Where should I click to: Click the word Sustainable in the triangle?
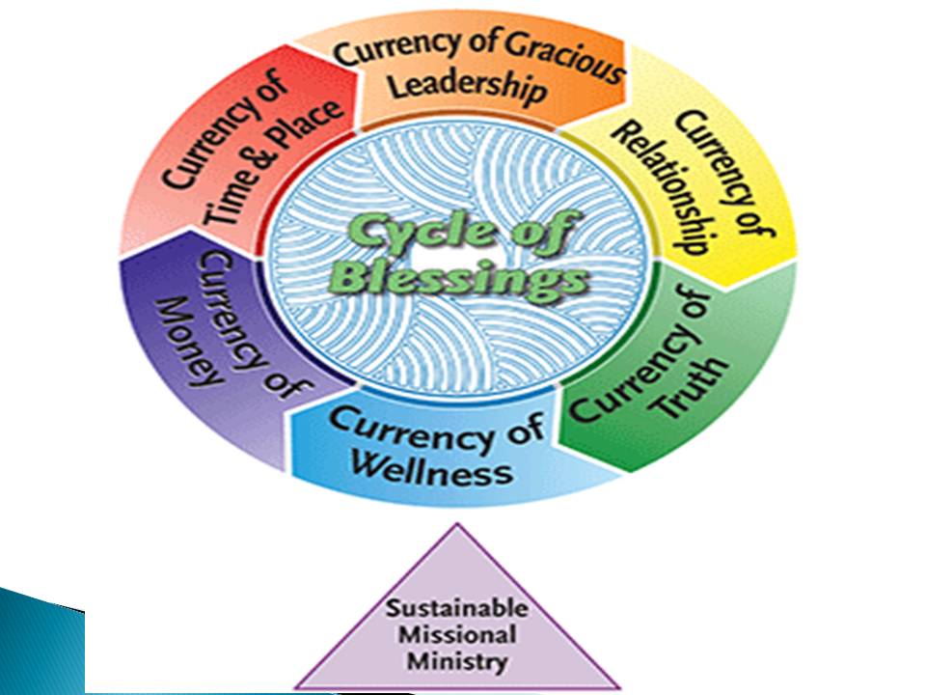(x=457, y=610)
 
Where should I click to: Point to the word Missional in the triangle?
(x=457, y=636)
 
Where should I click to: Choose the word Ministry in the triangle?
(x=457, y=662)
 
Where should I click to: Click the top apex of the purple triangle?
(x=458, y=526)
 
